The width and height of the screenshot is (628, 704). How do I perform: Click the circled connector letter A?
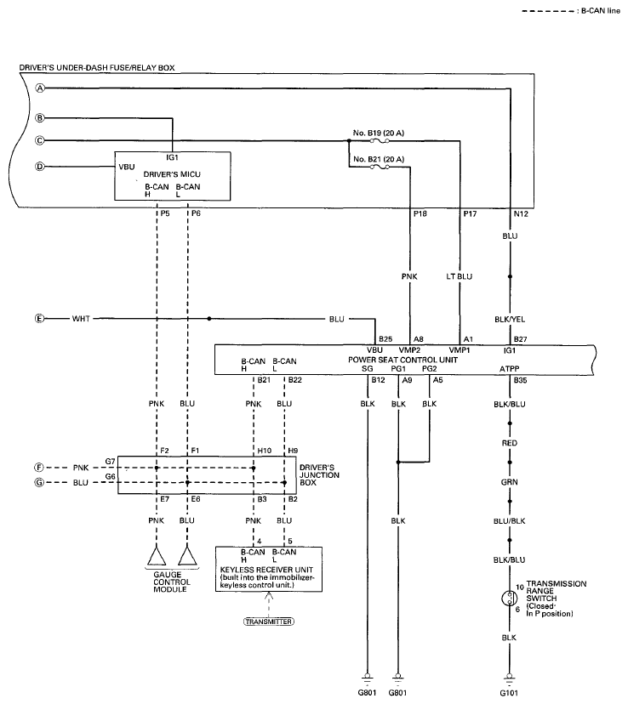tap(41, 88)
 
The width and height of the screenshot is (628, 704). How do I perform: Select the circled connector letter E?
tap(39, 318)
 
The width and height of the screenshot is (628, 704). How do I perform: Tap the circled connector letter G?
tap(39, 483)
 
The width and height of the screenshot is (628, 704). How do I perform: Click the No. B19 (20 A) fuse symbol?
tap(380, 140)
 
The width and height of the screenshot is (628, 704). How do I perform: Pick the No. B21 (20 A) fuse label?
tap(378, 159)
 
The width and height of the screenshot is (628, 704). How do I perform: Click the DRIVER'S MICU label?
tap(172, 174)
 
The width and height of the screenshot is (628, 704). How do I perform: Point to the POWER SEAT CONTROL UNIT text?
tap(402, 360)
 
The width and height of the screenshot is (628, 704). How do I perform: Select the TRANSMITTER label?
tap(269, 622)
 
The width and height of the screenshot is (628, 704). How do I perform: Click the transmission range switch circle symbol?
tap(510, 598)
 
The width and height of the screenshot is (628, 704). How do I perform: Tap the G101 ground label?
tap(509, 693)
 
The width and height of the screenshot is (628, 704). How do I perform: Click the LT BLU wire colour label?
tap(460, 276)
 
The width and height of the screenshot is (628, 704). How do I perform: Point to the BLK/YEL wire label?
tap(510, 319)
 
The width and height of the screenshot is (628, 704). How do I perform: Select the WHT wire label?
tap(81, 318)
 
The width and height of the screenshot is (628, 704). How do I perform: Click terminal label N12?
tap(521, 214)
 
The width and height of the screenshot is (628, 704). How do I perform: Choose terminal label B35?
tap(520, 380)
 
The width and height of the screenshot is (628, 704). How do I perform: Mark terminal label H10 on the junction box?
tap(264, 451)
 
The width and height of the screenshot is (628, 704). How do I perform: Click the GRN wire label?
tap(510, 482)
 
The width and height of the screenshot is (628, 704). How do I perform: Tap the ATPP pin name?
tap(509, 369)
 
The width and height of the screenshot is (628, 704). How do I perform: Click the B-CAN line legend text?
tap(601, 11)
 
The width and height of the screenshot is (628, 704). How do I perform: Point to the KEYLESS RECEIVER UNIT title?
tap(266, 570)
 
